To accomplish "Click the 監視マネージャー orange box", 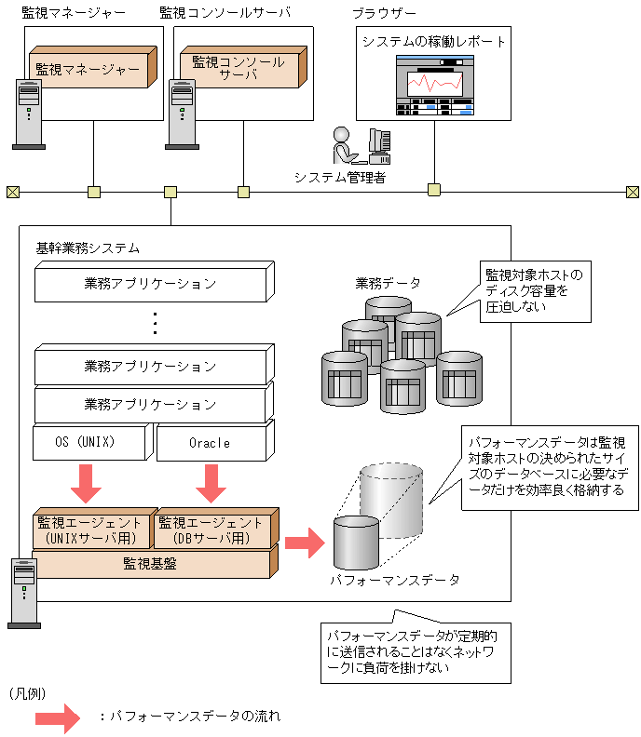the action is tap(93, 67).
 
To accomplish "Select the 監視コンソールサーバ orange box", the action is tap(243, 67).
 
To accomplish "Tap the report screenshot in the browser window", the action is tap(434, 85).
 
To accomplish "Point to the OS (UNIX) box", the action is tap(93, 441).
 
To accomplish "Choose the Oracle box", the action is tap(215, 441).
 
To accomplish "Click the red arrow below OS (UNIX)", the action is tap(86, 483).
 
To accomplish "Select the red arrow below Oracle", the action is tap(211, 483).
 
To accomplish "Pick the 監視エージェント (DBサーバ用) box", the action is tap(216, 529).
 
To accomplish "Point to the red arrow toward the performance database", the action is tap(305, 543).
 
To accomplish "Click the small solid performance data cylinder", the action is tap(356, 543).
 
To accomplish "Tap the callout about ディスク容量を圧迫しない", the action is tap(535, 292).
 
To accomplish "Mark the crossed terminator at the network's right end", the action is tap(633, 192).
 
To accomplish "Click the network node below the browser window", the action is tap(434, 190).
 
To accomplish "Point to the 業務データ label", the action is tap(388, 283).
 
